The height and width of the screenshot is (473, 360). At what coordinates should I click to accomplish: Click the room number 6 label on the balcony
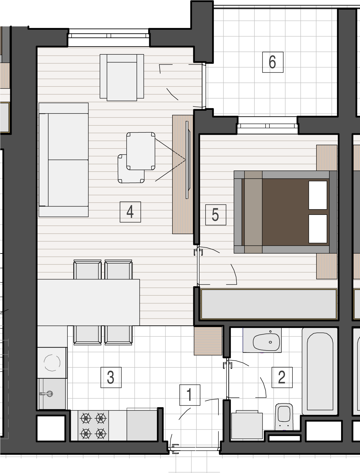pos(273,62)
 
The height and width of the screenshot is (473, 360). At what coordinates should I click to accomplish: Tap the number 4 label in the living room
pos(130,212)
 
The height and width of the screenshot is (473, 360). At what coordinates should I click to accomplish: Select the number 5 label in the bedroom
pos(216,215)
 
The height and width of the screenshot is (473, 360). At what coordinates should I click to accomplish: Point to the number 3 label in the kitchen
pos(111,377)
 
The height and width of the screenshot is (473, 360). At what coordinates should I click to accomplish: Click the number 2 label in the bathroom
pos(282,377)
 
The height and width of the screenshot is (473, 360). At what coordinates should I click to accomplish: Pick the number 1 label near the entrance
pos(190,395)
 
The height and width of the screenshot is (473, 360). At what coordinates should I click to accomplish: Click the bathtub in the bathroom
pos(320,371)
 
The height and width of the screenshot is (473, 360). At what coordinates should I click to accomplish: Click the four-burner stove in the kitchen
pos(93,426)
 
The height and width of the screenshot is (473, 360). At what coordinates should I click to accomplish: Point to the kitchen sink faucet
pos(46,394)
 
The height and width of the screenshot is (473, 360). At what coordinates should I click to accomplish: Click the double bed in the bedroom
pos(285,212)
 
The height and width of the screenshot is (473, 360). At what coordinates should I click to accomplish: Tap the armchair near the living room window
pos(122,77)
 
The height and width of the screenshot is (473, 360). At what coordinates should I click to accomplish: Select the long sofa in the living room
pos(64,160)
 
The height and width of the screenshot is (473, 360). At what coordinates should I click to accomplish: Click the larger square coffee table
pos(141,151)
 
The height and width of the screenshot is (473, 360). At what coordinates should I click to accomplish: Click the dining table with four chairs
pos(88,302)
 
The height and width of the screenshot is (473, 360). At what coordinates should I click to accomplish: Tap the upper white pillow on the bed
pos(318,195)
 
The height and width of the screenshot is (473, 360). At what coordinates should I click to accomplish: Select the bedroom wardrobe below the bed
pos(269,304)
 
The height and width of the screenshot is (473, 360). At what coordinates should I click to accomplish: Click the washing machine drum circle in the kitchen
pos(52,363)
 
